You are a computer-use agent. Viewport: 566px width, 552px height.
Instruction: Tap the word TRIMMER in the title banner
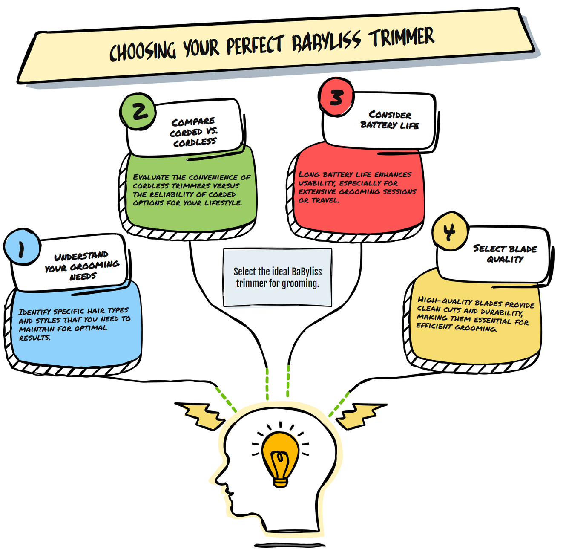click(x=401, y=37)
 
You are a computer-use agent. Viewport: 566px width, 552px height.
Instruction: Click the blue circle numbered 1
click(x=22, y=247)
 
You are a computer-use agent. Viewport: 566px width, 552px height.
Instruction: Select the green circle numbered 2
click(x=138, y=111)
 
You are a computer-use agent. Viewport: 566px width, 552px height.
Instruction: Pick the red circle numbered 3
click(x=336, y=97)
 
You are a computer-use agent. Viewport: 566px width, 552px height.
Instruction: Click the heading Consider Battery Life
click(x=390, y=120)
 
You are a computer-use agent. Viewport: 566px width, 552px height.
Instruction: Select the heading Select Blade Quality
click(x=505, y=254)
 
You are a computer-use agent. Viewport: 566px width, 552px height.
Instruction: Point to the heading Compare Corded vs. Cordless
click(x=194, y=132)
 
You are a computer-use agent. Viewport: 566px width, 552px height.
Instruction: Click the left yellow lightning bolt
click(x=200, y=416)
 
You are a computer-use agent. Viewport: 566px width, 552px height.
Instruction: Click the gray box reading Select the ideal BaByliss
click(x=278, y=277)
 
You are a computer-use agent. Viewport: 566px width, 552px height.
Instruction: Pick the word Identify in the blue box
click(x=34, y=312)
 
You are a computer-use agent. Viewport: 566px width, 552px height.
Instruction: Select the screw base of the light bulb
click(x=280, y=482)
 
